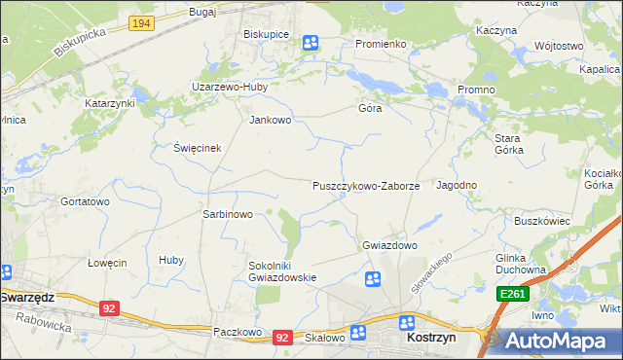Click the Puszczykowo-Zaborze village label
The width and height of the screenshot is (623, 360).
[x=365, y=185]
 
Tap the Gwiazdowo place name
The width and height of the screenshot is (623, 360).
[x=389, y=245]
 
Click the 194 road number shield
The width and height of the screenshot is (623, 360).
[x=140, y=22]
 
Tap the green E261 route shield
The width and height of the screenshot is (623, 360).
[x=513, y=293]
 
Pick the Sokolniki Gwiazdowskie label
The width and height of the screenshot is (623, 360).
[x=283, y=270]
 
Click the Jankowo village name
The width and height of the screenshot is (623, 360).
[x=271, y=121]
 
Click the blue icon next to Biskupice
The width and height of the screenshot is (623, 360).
[x=311, y=42]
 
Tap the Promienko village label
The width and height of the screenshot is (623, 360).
[x=380, y=45]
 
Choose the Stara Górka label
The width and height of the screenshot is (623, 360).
[x=508, y=144]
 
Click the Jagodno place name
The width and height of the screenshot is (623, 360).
[x=457, y=185]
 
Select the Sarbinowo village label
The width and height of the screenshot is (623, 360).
[x=227, y=214]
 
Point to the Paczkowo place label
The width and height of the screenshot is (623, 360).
[x=238, y=332]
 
